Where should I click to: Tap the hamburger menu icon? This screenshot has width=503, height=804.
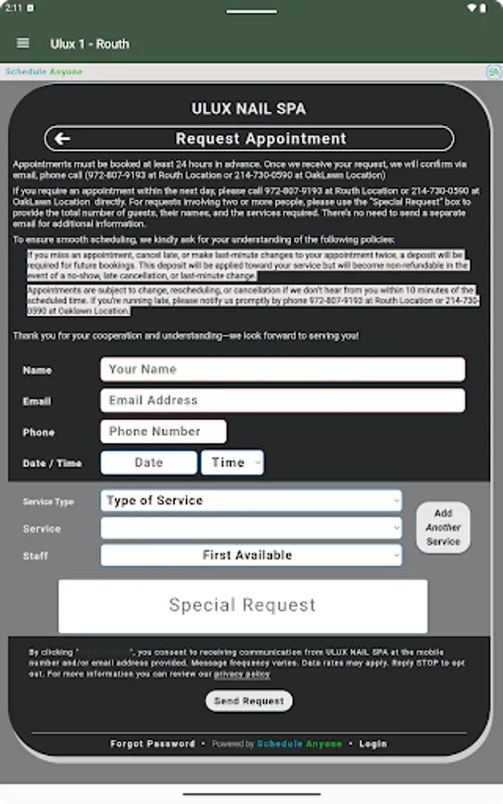click(23, 43)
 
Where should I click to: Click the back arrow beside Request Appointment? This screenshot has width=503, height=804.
click(62, 138)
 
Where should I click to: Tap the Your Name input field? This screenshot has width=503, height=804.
click(282, 369)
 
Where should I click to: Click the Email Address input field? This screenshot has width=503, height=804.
click(282, 400)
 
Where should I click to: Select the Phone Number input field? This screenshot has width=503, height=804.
click(163, 431)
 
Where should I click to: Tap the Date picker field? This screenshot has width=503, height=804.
click(148, 462)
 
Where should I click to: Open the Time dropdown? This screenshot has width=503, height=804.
click(232, 462)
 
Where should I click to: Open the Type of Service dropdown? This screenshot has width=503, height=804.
click(251, 501)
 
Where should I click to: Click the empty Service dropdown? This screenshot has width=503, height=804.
click(251, 528)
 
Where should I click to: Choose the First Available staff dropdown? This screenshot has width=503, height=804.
click(251, 555)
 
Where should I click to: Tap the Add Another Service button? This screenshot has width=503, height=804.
click(443, 527)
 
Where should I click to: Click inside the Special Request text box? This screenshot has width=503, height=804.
click(243, 606)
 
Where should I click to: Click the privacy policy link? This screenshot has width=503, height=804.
click(242, 674)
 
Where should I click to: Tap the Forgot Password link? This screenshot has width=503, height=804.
click(152, 743)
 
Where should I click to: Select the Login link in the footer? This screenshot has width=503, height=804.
click(373, 743)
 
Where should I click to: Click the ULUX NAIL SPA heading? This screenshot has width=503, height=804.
click(248, 109)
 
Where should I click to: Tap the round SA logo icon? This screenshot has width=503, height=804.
click(492, 71)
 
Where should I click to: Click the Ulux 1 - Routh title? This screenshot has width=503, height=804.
click(89, 44)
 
